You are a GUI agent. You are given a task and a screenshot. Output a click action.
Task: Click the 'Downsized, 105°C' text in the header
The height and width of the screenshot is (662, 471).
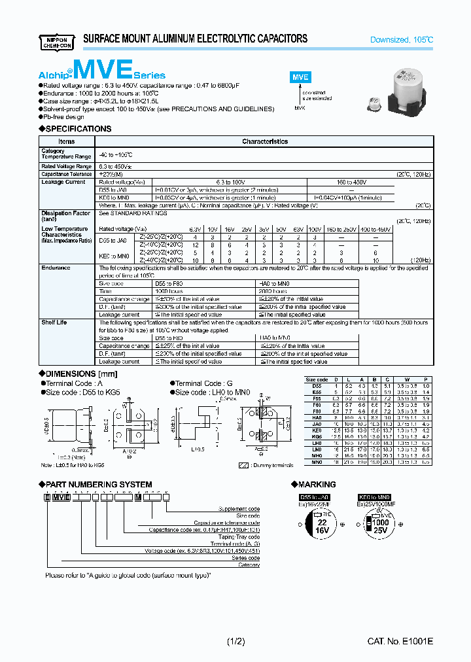(x=402, y=40)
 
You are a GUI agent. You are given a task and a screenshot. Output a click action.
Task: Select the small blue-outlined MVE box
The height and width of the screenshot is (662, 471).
(x=299, y=77)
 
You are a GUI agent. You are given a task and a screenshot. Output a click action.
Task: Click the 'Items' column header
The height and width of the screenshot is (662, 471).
(x=67, y=141)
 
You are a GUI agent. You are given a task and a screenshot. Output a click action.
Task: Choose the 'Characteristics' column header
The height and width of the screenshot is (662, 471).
(x=264, y=141)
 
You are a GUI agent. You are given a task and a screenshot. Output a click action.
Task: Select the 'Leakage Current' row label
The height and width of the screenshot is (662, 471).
(x=63, y=183)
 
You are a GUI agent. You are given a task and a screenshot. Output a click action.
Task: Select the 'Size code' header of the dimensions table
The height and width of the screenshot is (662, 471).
(x=317, y=379)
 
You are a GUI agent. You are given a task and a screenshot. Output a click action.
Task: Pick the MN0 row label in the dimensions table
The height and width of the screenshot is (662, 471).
(x=317, y=462)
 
